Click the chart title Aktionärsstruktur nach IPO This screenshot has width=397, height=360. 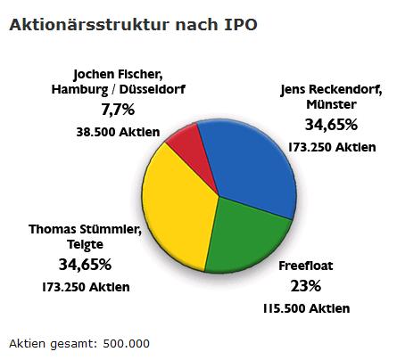click(133, 25)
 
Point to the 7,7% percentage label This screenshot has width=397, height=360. click(118, 110)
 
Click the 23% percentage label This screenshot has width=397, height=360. click(306, 286)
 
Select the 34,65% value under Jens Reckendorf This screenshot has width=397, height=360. click(331, 124)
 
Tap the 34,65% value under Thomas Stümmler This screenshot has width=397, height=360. click(85, 265)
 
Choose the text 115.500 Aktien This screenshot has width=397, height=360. click(307, 308)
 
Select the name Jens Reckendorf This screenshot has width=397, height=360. click(331, 88)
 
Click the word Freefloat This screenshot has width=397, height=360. click(306, 265)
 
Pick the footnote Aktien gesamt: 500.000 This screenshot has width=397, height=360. click(79, 343)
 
